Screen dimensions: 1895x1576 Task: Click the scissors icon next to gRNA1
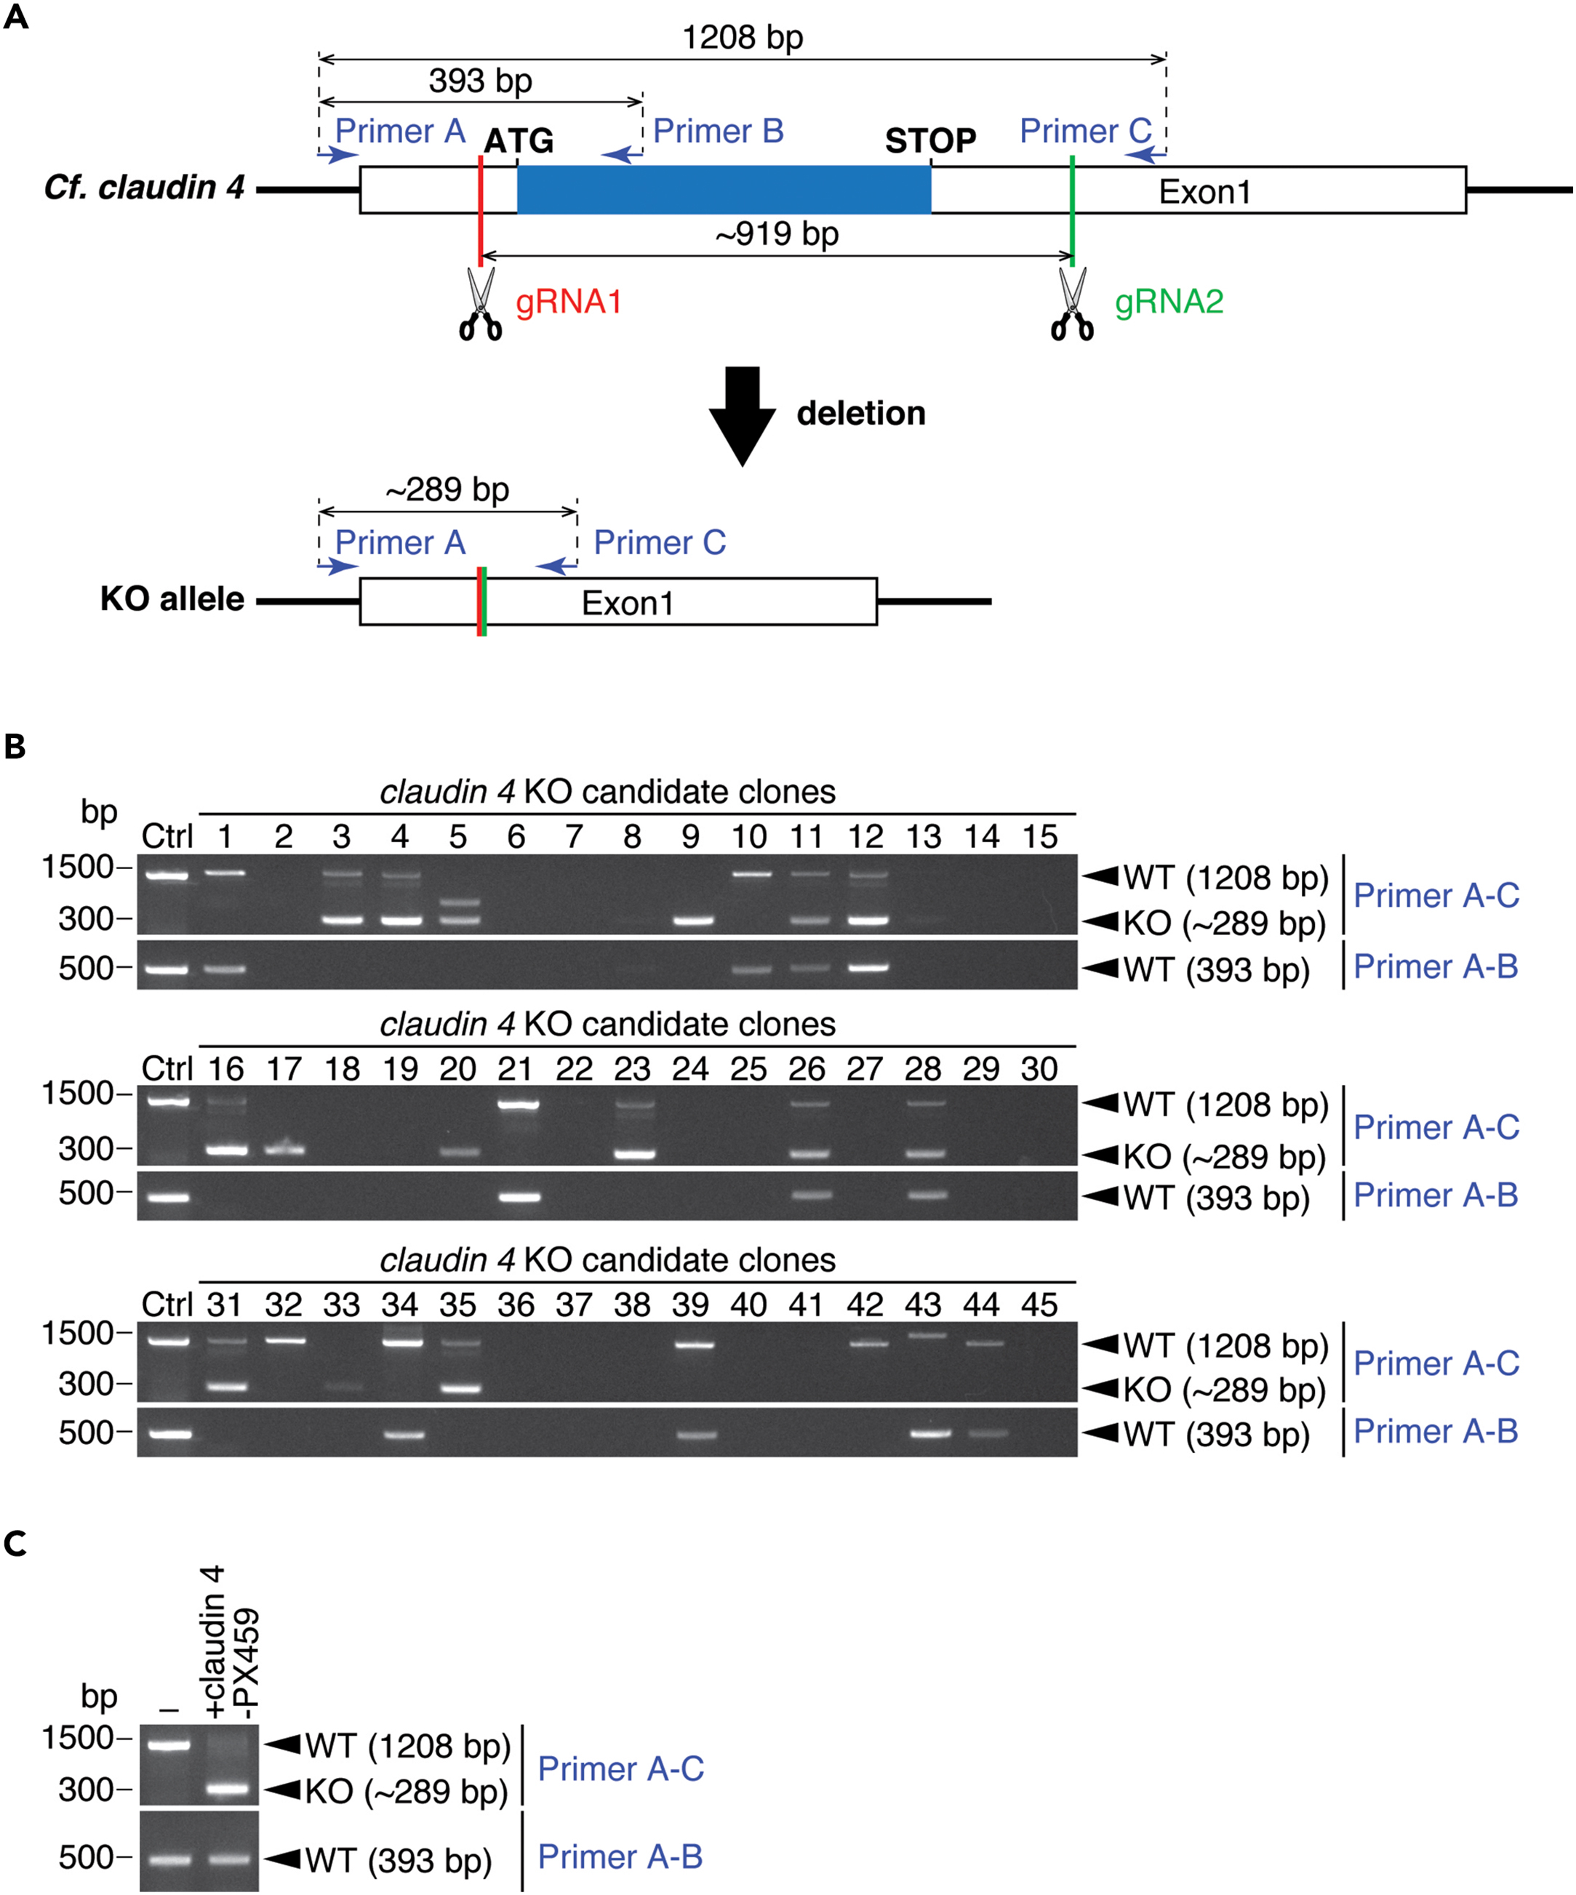tap(480, 305)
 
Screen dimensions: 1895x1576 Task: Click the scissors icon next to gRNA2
tap(1072, 305)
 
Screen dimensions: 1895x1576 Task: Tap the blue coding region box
tap(724, 190)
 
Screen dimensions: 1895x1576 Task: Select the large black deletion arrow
tap(742, 416)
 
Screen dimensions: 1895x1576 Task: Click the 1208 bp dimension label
tap(742, 37)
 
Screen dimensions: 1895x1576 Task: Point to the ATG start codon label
tap(519, 141)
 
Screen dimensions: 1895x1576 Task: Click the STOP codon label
tap(929, 141)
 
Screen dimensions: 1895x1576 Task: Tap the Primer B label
tap(718, 131)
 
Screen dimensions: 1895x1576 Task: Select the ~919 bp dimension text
tap(777, 233)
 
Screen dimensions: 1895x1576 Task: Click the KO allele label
tap(172, 599)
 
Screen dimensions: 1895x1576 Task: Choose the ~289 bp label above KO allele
tap(448, 489)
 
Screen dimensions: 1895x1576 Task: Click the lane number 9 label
tap(690, 836)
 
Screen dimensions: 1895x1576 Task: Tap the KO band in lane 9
tap(690, 921)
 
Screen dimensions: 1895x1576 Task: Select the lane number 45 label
tap(1039, 1304)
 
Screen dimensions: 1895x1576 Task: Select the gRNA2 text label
tap(1169, 301)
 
